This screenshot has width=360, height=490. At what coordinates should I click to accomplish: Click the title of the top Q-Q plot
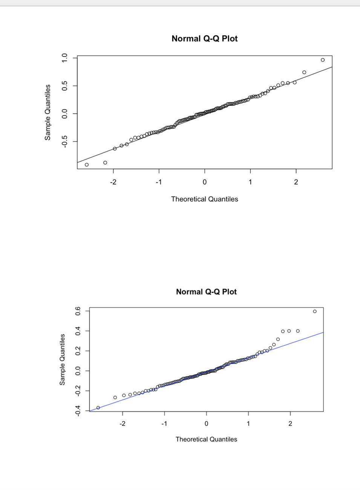pos(204,39)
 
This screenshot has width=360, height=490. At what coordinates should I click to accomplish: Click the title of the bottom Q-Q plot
pos(206,292)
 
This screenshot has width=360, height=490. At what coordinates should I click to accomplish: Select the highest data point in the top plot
pos(323,60)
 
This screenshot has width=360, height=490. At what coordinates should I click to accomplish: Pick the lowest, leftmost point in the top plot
pos(87,165)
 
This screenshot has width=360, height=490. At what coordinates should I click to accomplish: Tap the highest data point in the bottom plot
pos(315,311)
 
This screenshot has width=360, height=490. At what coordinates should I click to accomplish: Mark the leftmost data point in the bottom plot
pos(98,408)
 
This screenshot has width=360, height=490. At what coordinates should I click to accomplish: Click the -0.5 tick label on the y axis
pos(65,142)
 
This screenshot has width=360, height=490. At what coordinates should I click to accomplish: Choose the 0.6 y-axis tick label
pos(78,311)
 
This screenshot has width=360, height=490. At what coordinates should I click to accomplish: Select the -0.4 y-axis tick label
pos(78,410)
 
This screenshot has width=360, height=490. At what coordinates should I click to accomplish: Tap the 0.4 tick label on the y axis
pos(78,331)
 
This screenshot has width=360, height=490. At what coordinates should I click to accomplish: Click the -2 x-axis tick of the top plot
pos(113,182)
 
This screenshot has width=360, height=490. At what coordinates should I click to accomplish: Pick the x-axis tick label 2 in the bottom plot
pos(290,424)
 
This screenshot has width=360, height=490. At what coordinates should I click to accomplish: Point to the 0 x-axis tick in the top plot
pos(204,182)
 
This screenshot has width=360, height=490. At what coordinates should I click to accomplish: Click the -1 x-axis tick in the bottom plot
pos(164,424)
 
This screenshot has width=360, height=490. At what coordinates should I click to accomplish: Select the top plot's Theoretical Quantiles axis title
pos(204,199)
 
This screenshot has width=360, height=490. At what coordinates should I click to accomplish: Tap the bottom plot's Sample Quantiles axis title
pos(63,360)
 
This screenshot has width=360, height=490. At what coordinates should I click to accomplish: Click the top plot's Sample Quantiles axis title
pos(47,112)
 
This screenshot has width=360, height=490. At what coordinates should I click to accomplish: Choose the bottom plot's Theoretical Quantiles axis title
pos(206,440)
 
